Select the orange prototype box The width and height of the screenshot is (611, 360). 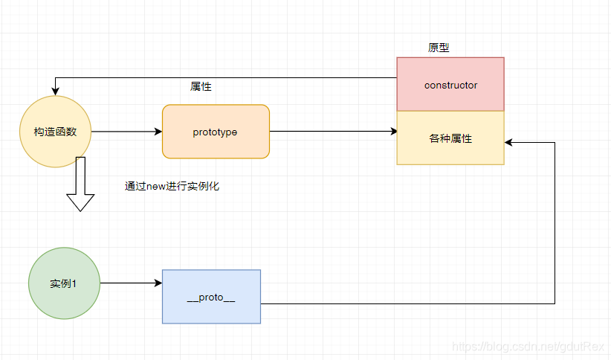216,132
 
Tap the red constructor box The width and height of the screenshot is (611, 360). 450,84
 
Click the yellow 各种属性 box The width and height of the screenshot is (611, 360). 450,138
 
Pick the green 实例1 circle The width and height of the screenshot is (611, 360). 63,283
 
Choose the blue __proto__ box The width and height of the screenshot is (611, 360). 211,297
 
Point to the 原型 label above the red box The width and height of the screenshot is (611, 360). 439,48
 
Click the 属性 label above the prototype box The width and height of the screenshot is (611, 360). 201,86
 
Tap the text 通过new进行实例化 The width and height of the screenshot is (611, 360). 172,187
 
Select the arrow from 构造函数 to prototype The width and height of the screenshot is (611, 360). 126,132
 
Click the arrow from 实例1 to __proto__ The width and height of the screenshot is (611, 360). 131,283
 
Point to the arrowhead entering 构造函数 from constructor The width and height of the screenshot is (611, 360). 55,91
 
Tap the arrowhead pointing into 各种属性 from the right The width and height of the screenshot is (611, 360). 509,141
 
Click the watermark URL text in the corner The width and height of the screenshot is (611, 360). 528,347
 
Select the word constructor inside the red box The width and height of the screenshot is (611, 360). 450,85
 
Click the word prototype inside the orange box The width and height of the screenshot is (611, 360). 215,132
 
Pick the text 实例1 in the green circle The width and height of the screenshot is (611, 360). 63,284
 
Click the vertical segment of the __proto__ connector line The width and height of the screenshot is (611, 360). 555,223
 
